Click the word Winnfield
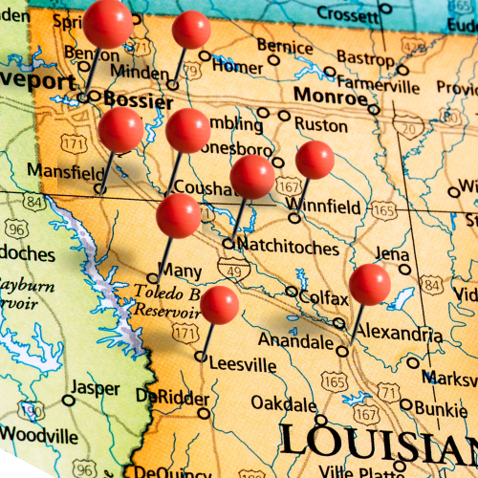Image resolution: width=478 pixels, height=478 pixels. pyautogui.click(x=329, y=206)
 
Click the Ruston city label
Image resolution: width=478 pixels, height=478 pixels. pyautogui.click(x=320, y=124)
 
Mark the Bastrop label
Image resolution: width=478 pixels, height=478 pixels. pyautogui.click(x=365, y=58)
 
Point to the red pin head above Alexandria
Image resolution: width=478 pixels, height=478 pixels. pyautogui.click(x=369, y=284)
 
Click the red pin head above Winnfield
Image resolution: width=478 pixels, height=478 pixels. pyautogui.click(x=315, y=160)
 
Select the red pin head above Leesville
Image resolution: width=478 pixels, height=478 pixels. pyautogui.click(x=220, y=304)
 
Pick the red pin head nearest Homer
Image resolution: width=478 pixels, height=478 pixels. pyautogui.click(x=191, y=30)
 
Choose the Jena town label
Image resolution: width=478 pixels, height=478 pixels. pyautogui.click(x=392, y=253)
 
